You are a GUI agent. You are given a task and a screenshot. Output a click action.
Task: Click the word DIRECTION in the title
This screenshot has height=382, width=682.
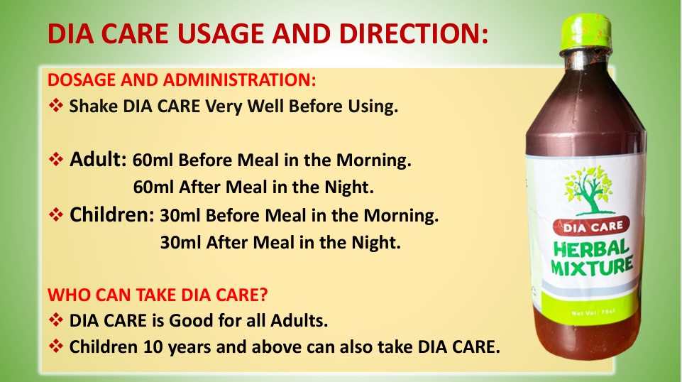pyautogui.click(x=414, y=33)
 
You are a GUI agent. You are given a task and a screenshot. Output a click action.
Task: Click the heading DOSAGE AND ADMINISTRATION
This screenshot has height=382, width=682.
pyautogui.click(x=182, y=80)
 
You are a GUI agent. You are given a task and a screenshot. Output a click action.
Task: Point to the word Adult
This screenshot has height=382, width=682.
pyautogui.click(x=98, y=159)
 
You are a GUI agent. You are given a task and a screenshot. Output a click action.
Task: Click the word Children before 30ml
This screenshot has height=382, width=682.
pyautogui.click(x=112, y=214)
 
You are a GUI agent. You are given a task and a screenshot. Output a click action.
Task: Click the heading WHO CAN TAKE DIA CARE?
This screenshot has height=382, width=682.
pyautogui.click(x=158, y=295)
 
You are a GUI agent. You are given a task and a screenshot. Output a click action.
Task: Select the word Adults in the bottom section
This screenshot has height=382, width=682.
pyautogui.click(x=299, y=321)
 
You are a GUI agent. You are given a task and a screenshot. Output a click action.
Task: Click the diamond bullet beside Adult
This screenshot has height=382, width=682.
pyautogui.click(x=55, y=159)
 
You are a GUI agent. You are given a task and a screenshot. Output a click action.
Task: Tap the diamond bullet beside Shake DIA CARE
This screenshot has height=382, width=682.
pyautogui.click(x=55, y=105)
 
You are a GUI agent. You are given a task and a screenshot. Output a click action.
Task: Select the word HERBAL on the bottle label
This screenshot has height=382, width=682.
pyautogui.click(x=590, y=249)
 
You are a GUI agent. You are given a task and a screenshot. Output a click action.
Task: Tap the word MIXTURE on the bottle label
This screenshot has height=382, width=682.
pyautogui.click(x=592, y=266)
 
